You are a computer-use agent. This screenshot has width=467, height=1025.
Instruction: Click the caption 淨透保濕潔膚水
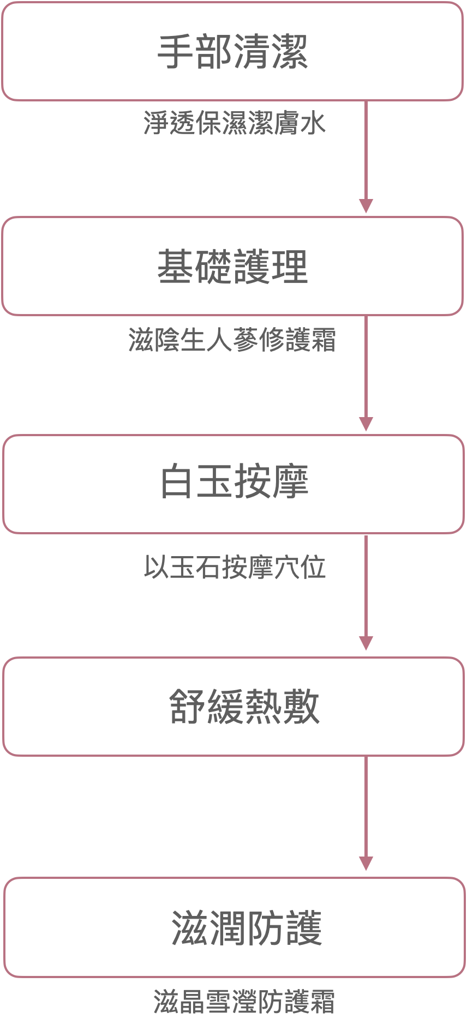[x=235, y=123]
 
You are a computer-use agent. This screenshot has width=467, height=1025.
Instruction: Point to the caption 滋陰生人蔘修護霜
[x=232, y=340]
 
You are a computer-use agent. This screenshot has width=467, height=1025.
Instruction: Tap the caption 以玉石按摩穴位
[x=235, y=568]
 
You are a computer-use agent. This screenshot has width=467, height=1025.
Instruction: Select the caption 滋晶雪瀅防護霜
[x=244, y=1002]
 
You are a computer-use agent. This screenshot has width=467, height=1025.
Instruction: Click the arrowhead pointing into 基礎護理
[x=366, y=206]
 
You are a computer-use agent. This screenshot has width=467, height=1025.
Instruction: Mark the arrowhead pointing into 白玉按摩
[x=366, y=424]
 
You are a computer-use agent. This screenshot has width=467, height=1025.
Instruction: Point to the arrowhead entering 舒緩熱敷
[x=366, y=643]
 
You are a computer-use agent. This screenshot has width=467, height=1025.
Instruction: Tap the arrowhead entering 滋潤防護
[x=366, y=864]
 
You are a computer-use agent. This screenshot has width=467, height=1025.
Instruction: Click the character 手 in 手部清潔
[x=176, y=52]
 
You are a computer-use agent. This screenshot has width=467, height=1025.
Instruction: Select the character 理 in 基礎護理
[x=290, y=266]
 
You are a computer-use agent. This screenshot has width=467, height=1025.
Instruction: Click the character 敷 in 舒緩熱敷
[x=301, y=707]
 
